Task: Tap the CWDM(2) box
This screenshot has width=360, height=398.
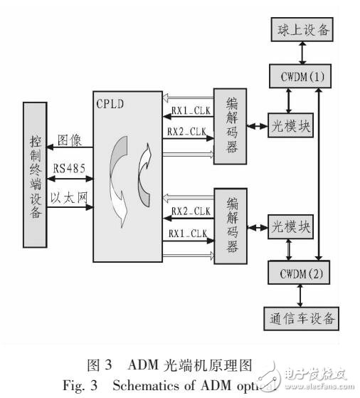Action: tap(300, 273)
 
